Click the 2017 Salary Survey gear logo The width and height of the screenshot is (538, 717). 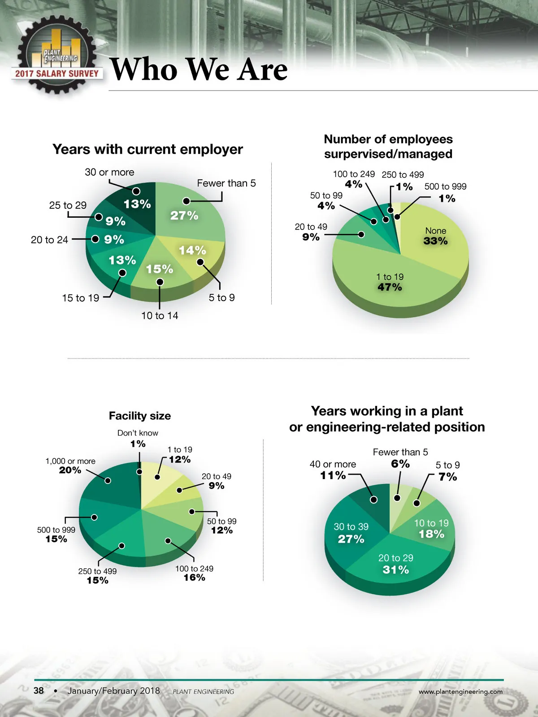[x=56, y=56]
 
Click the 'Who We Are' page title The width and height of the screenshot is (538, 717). [x=199, y=69]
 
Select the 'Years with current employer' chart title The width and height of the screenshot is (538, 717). [x=148, y=149]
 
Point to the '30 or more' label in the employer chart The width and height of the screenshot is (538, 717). [x=109, y=173]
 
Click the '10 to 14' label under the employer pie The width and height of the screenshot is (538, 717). [x=160, y=316]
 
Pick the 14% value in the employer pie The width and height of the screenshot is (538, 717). [x=192, y=250]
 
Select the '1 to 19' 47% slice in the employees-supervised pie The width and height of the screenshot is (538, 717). [x=390, y=282]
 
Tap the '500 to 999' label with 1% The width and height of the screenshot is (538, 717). [x=446, y=192]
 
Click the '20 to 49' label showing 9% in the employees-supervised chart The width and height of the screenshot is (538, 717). [x=311, y=232]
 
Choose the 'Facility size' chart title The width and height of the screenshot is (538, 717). [x=140, y=416]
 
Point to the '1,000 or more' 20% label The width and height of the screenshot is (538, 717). [x=70, y=466]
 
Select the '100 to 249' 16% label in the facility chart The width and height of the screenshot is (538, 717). [x=194, y=573]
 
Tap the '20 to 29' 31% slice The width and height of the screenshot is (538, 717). [x=395, y=564]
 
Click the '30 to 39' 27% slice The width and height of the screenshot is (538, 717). [x=351, y=532]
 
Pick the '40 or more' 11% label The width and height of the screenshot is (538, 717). [x=333, y=470]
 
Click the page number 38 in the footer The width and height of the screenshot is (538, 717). [x=39, y=691]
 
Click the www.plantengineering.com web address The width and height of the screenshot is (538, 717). [x=460, y=691]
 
